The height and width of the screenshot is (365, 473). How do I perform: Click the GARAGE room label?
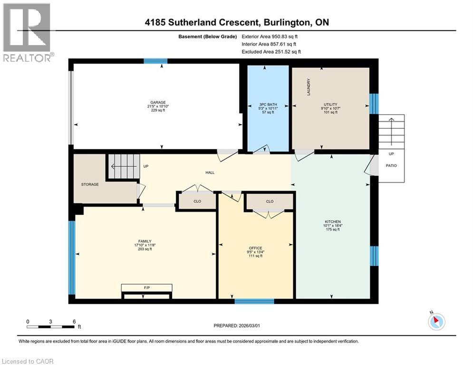pos(158,103)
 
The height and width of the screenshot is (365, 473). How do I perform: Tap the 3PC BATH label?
pos(268,105)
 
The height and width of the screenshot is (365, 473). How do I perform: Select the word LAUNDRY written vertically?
pos(309,87)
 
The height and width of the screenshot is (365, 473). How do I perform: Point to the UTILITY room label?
pos(330,105)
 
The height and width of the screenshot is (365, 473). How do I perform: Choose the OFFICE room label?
pos(255,248)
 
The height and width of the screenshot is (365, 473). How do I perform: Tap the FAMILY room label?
pos(145,241)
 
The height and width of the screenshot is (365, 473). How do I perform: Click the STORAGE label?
pos(90,184)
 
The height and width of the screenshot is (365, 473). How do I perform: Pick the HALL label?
pos(210,173)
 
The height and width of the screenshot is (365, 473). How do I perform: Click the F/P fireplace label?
pos(147,288)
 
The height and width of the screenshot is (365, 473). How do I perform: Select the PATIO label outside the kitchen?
pos(391,165)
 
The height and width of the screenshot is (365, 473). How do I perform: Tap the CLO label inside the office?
pos(270,201)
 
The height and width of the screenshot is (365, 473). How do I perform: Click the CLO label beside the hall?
pos(197,201)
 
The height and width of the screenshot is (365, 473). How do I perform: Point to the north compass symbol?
pos(436,321)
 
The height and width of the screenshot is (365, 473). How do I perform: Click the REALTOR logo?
pos(27,32)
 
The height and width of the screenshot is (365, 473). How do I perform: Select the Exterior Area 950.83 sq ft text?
pos(270,37)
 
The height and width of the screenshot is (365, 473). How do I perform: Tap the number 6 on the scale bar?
pos(74,322)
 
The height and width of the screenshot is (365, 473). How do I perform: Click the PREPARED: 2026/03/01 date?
pos(237,326)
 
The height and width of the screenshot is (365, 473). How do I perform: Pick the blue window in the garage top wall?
pos(155,61)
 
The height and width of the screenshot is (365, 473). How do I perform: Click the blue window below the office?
pos(254,301)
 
